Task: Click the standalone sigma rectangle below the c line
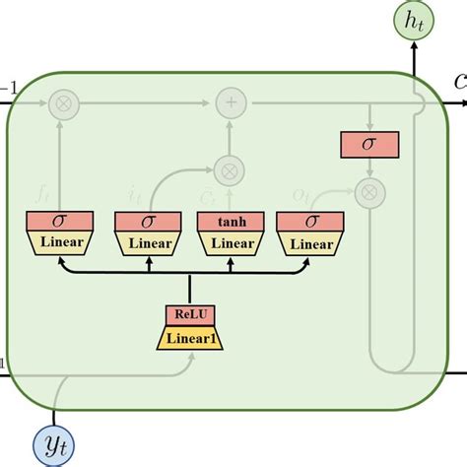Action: tap(369, 144)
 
